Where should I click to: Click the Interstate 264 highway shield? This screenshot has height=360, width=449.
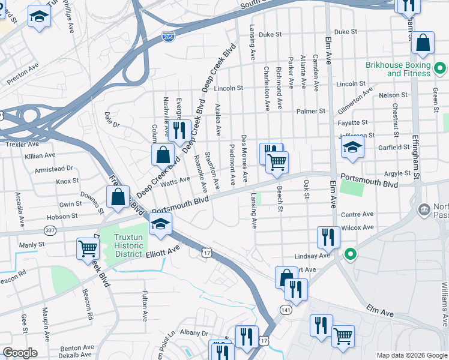pyautogui.click(x=169, y=37)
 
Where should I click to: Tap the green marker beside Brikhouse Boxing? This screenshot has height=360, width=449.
pyautogui.click(x=439, y=66)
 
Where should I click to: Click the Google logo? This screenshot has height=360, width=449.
pyautogui.click(x=20, y=353)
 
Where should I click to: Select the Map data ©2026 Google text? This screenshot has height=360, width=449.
pyautogui.click(x=412, y=355)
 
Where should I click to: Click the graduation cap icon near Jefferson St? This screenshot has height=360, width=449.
pyautogui.click(x=352, y=148)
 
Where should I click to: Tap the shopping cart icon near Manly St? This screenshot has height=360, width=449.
pyautogui.click(x=88, y=248)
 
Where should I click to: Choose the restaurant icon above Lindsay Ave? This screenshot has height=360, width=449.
pyautogui.click(x=328, y=236)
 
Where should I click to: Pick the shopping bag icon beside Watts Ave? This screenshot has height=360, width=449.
pyautogui.click(x=163, y=155)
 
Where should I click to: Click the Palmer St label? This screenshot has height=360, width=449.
pyautogui.click(x=313, y=111)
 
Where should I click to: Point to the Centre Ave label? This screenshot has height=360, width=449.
pyautogui.click(x=357, y=214)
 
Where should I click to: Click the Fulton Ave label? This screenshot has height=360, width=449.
pyautogui.click(x=145, y=306)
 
